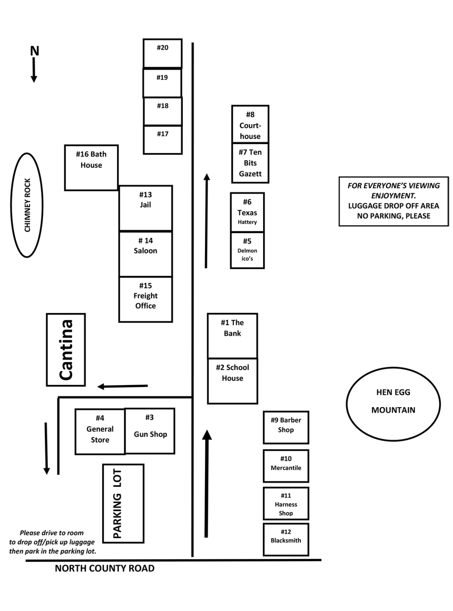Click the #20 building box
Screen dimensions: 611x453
click(x=162, y=53)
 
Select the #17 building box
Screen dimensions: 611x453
click(x=162, y=140)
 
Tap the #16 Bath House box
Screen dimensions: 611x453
click(x=92, y=167)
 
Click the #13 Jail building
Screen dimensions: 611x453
click(x=146, y=208)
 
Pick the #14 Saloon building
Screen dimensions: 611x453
click(x=146, y=254)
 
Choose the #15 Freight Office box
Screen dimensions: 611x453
click(x=146, y=299)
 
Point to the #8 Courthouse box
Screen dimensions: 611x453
click(x=250, y=124)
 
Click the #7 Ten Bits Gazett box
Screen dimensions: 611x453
click(x=250, y=163)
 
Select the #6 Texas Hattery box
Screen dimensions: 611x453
click(x=247, y=212)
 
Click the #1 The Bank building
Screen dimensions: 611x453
click(x=232, y=336)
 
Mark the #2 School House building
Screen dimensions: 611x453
click(x=232, y=381)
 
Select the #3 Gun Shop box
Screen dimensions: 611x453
click(x=150, y=431)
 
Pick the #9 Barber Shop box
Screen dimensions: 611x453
click(x=286, y=427)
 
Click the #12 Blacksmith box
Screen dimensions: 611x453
click(x=286, y=539)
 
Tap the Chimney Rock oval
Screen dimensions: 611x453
click(x=27, y=205)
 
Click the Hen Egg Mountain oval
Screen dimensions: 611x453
click(x=393, y=404)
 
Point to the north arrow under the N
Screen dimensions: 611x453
click(x=34, y=70)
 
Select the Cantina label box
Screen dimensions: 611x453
click(x=66, y=350)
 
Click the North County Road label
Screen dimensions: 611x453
click(x=105, y=568)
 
